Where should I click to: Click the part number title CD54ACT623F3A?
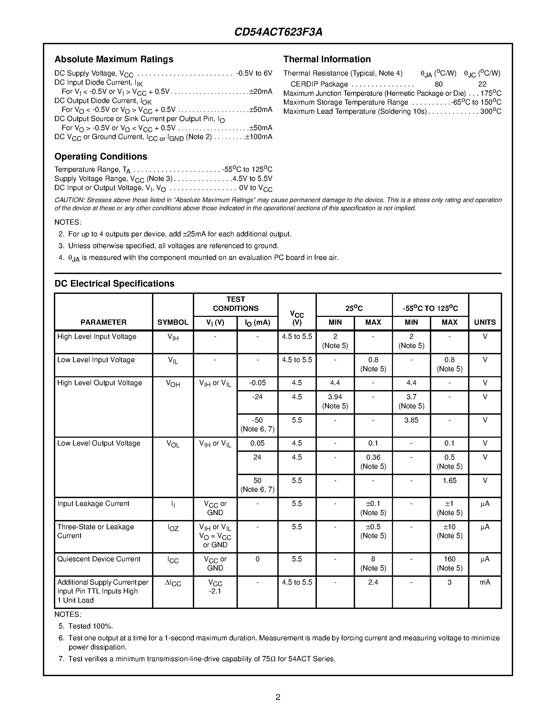278,32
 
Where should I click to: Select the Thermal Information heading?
327,59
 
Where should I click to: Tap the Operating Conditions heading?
100,156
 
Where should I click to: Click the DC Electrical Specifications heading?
114,283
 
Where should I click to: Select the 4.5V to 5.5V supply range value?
252,179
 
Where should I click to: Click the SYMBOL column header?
173,322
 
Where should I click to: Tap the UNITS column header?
485,322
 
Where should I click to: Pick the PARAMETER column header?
103,322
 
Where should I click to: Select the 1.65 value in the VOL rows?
449,481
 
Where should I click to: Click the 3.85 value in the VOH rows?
411,420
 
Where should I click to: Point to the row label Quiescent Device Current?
99,559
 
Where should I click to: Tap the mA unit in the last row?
485,582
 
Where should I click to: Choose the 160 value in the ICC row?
449,559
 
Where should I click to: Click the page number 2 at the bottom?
278,697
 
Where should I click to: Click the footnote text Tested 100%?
91,626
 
